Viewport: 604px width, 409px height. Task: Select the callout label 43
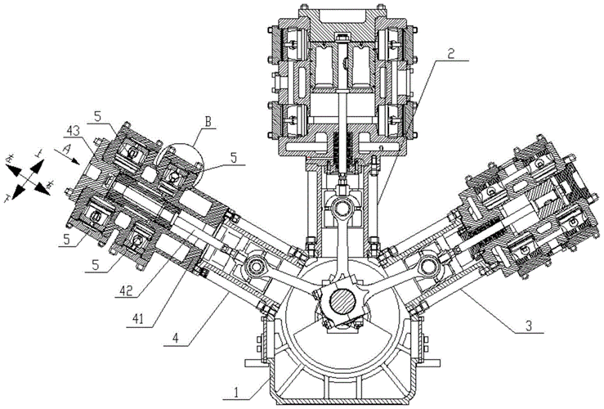click(x=73, y=130)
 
